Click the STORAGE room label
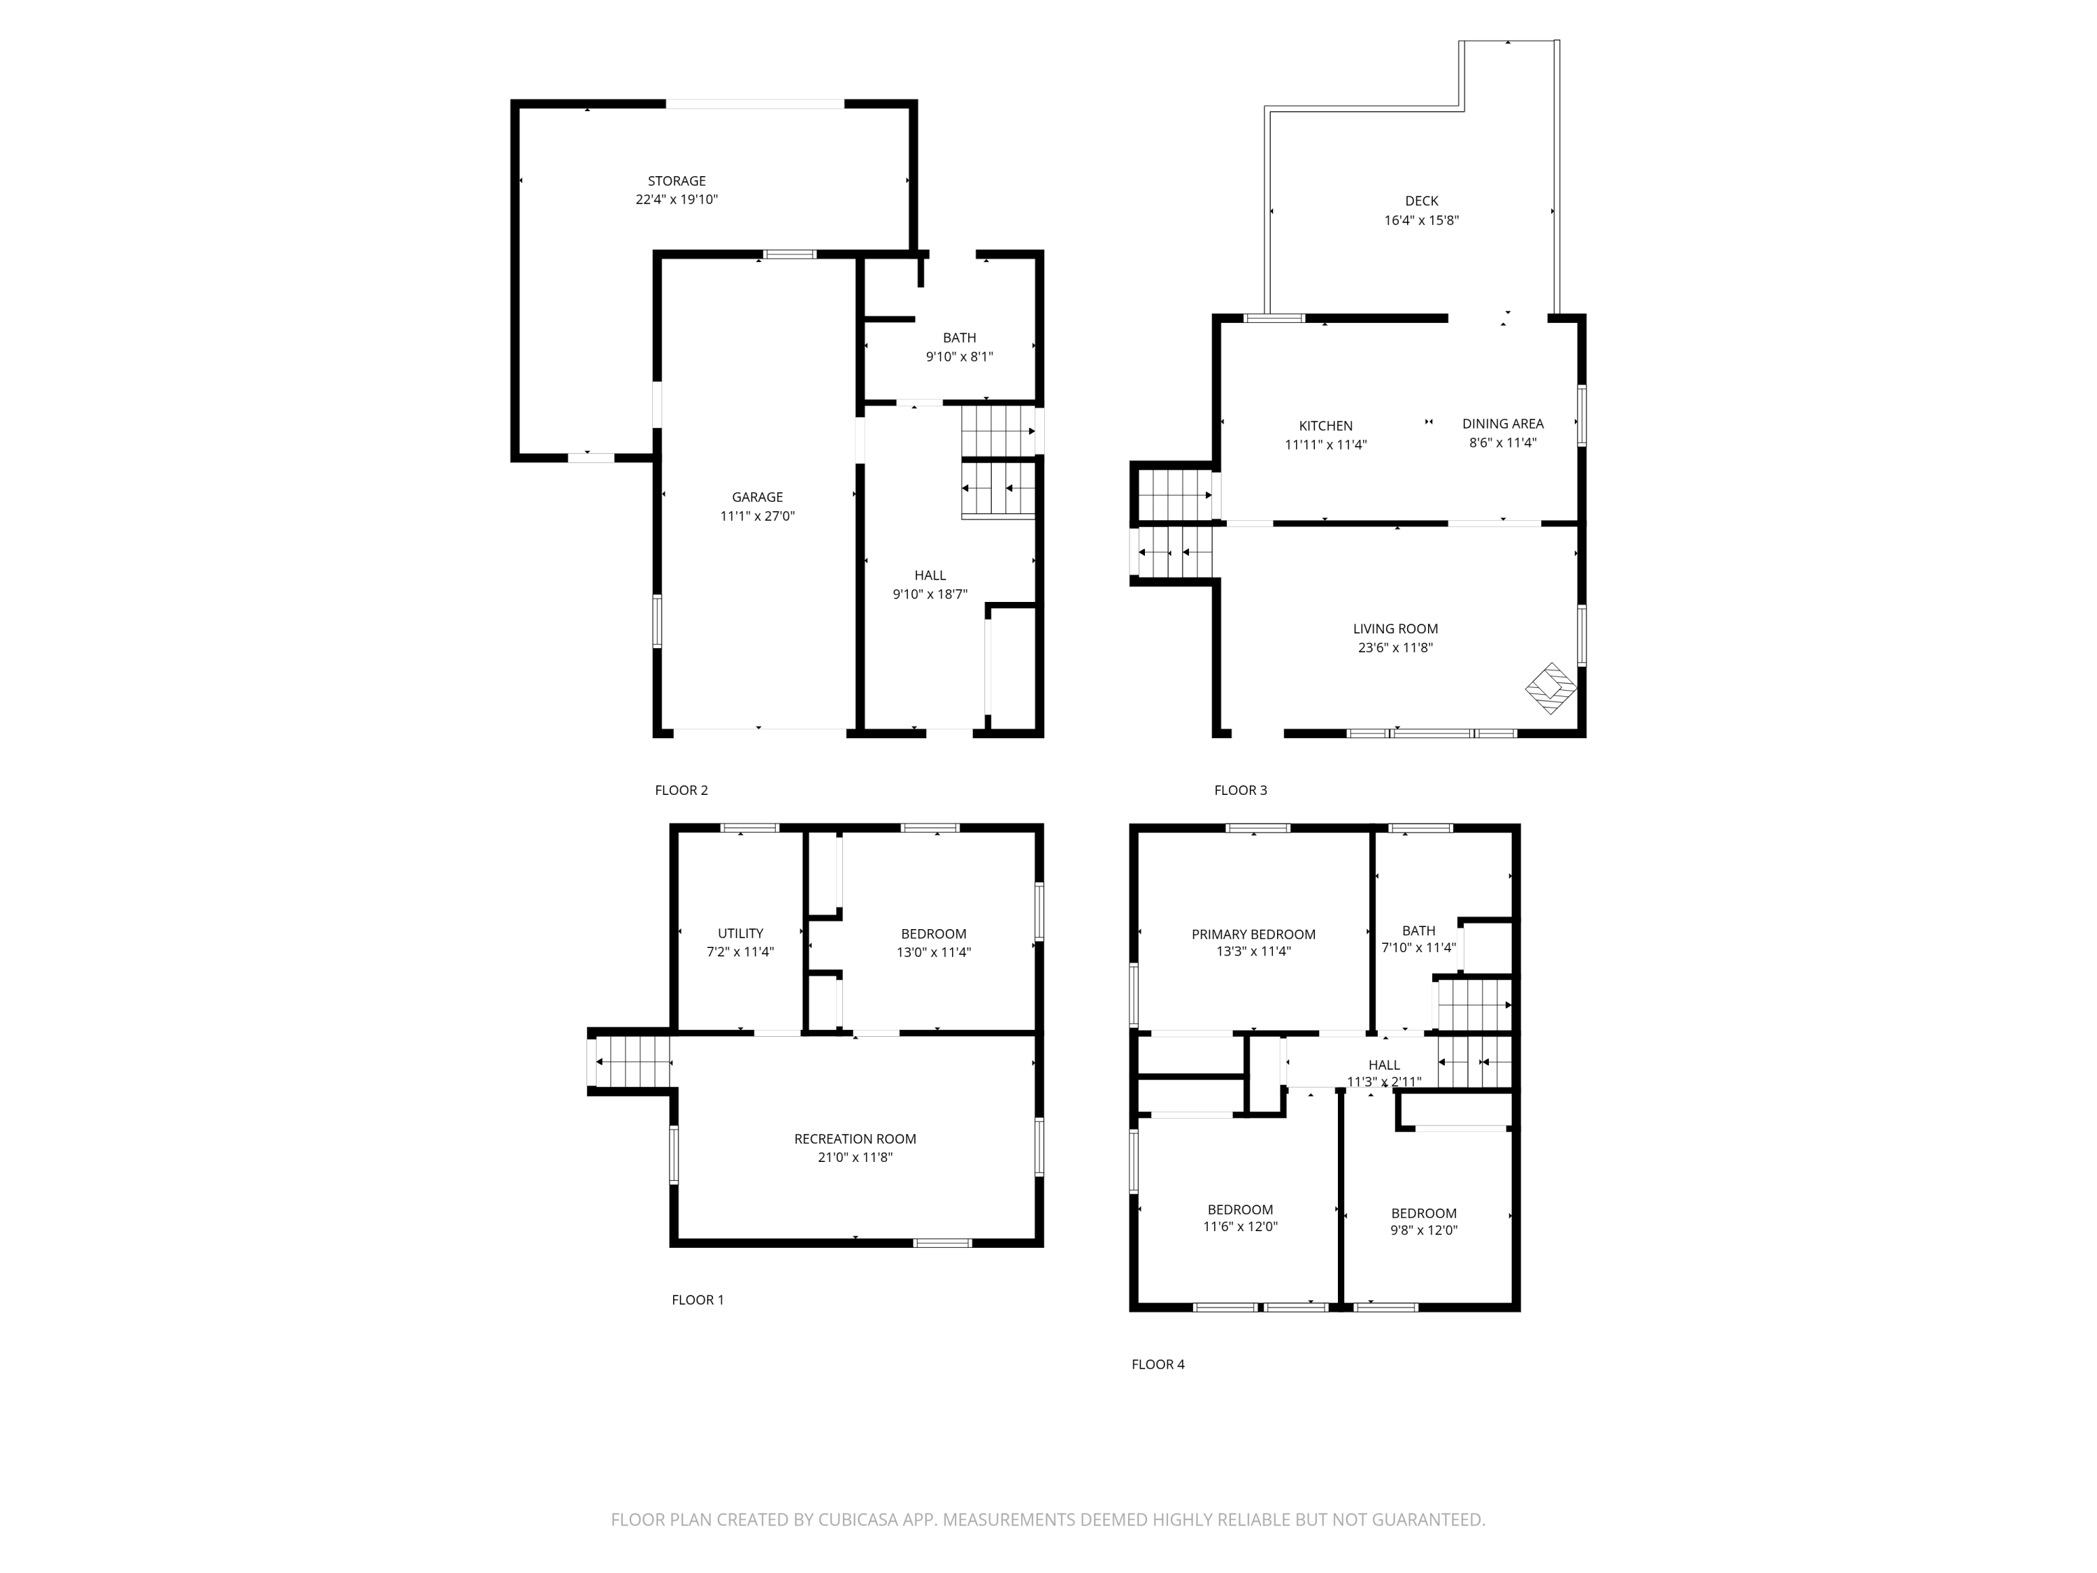676,180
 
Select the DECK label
1421,201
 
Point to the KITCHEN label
1325,426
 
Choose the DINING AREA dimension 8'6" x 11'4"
1503,443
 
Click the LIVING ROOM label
1395,629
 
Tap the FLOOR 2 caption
681,790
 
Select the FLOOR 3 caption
1240,790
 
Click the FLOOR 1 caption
697,1299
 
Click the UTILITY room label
740,933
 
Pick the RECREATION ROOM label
854,1139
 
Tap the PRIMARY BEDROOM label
1253,934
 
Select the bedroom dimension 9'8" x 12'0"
1423,1230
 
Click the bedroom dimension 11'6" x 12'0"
1240,1226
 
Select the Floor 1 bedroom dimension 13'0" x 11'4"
933,952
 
